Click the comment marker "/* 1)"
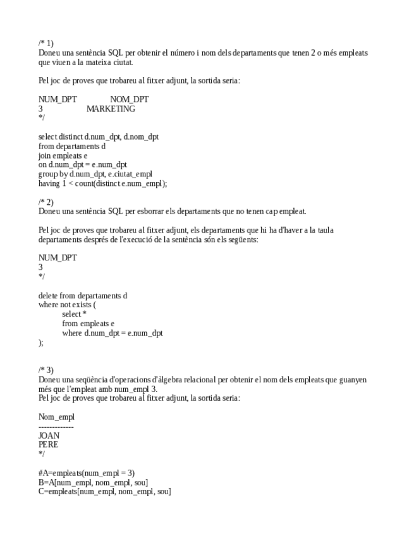pyautogui.click(x=46, y=44)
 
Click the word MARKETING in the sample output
pyautogui.click(x=111, y=109)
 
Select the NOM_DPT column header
pyautogui.click(x=129, y=99)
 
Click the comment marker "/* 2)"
pyautogui.click(x=46, y=202)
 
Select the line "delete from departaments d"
pyautogui.click(x=83, y=295)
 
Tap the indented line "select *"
pyautogui.click(x=74, y=314)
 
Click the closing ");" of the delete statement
pyautogui.click(x=41, y=342)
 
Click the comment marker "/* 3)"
pyautogui.click(x=46, y=370)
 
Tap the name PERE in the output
pyautogui.click(x=48, y=444)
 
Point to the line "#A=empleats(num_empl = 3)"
pyautogui.click(x=87, y=473)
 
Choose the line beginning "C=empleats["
pyautogui.click(x=104, y=491)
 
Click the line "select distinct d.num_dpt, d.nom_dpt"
pyautogui.click(x=99, y=137)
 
